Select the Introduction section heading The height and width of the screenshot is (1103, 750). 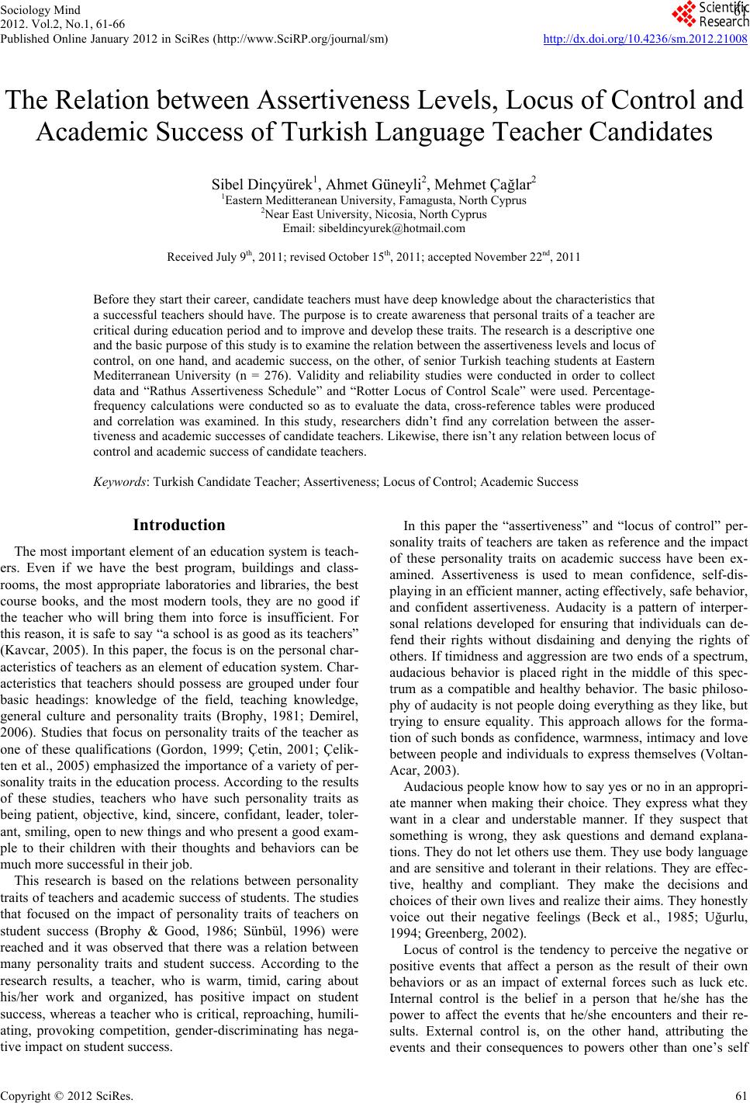(179, 525)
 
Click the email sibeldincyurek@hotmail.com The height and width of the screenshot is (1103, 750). (398, 228)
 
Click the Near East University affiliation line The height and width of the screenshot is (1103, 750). (375, 214)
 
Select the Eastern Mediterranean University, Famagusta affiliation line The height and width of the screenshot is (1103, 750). (375, 200)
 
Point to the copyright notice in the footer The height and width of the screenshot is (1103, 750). (67, 1095)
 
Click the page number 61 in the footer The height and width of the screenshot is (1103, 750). (739, 1095)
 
